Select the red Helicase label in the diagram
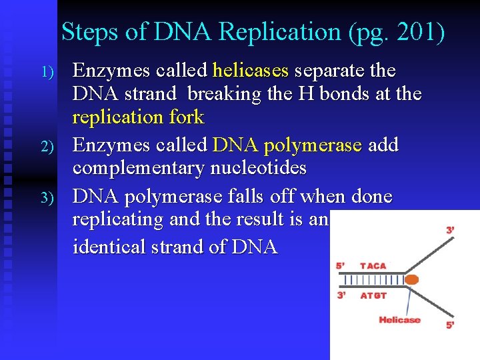click(399, 321)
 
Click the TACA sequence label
click(373, 266)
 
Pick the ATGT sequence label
click(373, 295)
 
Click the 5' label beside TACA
click(341, 266)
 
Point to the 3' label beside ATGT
click(341, 295)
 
